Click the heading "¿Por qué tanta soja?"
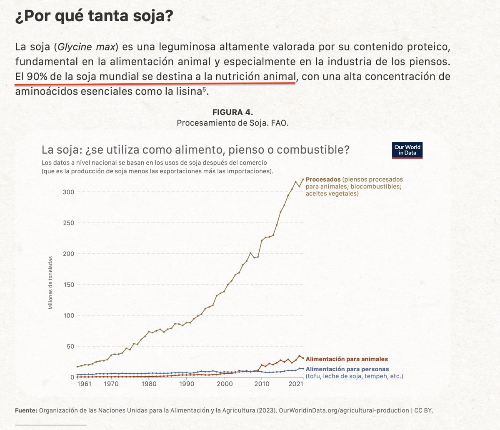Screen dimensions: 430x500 point(94,17)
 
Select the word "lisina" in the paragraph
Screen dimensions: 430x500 point(183,92)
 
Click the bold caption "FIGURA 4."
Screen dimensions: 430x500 point(232,112)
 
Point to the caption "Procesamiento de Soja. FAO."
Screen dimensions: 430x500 point(232,123)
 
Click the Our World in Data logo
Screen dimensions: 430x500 point(407,150)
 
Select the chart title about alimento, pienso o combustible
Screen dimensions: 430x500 point(195,150)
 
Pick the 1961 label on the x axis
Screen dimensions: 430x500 point(84,384)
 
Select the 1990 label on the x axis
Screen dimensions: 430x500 point(187,384)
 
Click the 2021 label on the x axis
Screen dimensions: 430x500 point(295,384)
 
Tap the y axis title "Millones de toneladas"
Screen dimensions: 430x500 point(50,282)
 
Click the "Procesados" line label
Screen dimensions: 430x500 point(323,180)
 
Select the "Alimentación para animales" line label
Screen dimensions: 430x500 point(347,359)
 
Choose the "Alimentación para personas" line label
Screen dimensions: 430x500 point(347,369)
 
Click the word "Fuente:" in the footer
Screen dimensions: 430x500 point(26,410)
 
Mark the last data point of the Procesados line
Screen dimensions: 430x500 point(303,180)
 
